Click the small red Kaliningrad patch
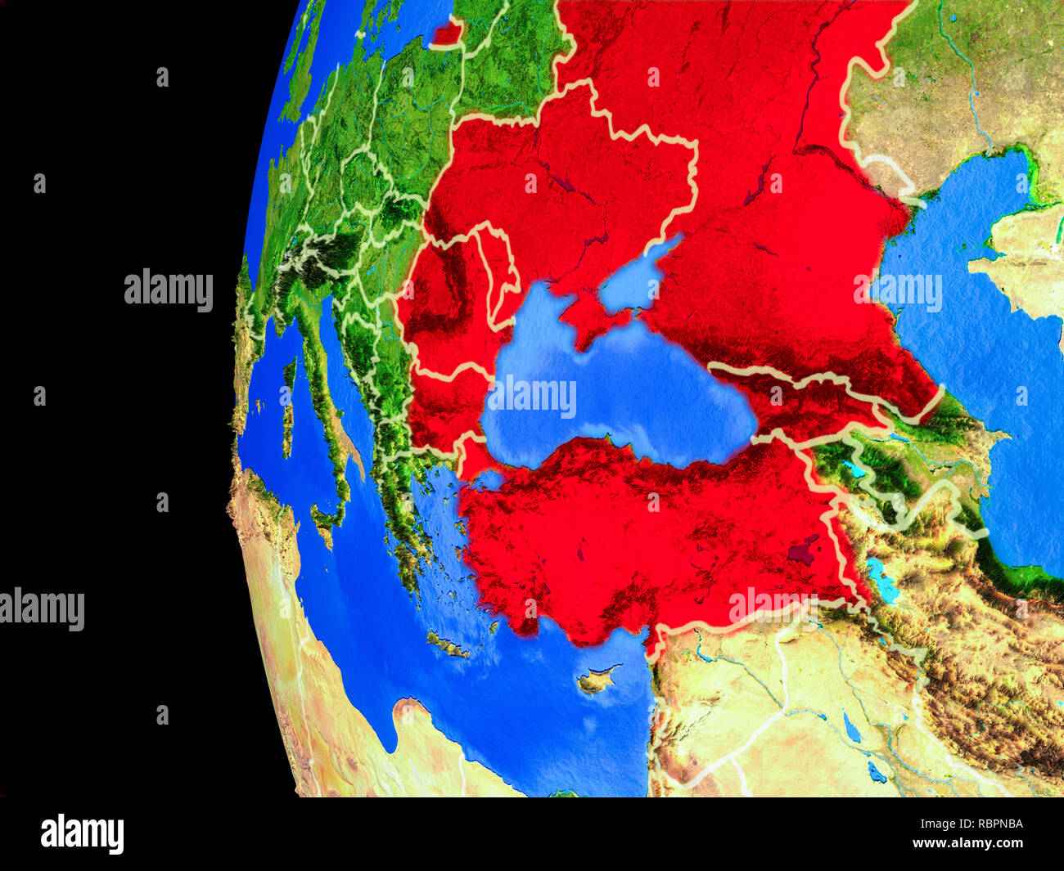(x=448, y=34)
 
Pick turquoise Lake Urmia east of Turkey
(x=881, y=577)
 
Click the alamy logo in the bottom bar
(x=82, y=833)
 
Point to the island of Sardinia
(x=287, y=417)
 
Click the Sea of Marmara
(x=489, y=478)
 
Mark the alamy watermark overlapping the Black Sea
(x=532, y=397)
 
